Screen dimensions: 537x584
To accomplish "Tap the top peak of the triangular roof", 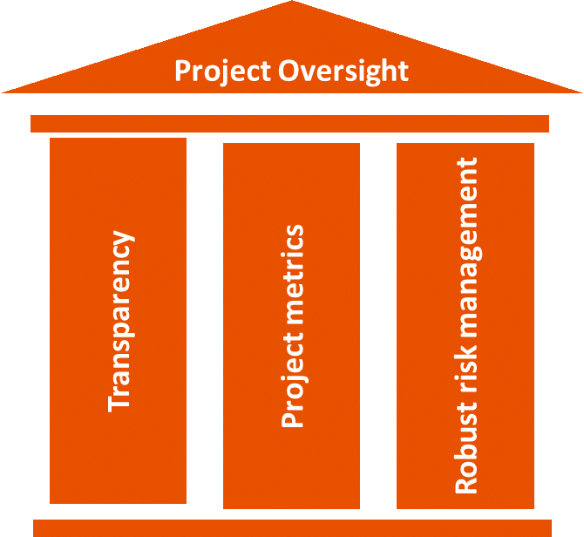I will (x=291, y=4).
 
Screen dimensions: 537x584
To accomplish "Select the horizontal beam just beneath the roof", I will (x=289, y=123).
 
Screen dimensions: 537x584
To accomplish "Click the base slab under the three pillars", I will (x=292, y=527).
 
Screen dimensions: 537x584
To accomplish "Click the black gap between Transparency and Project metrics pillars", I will (x=205, y=323).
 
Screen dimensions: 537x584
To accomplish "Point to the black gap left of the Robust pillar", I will (x=378, y=323).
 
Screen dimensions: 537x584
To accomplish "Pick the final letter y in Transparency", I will (x=122, y=238).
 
